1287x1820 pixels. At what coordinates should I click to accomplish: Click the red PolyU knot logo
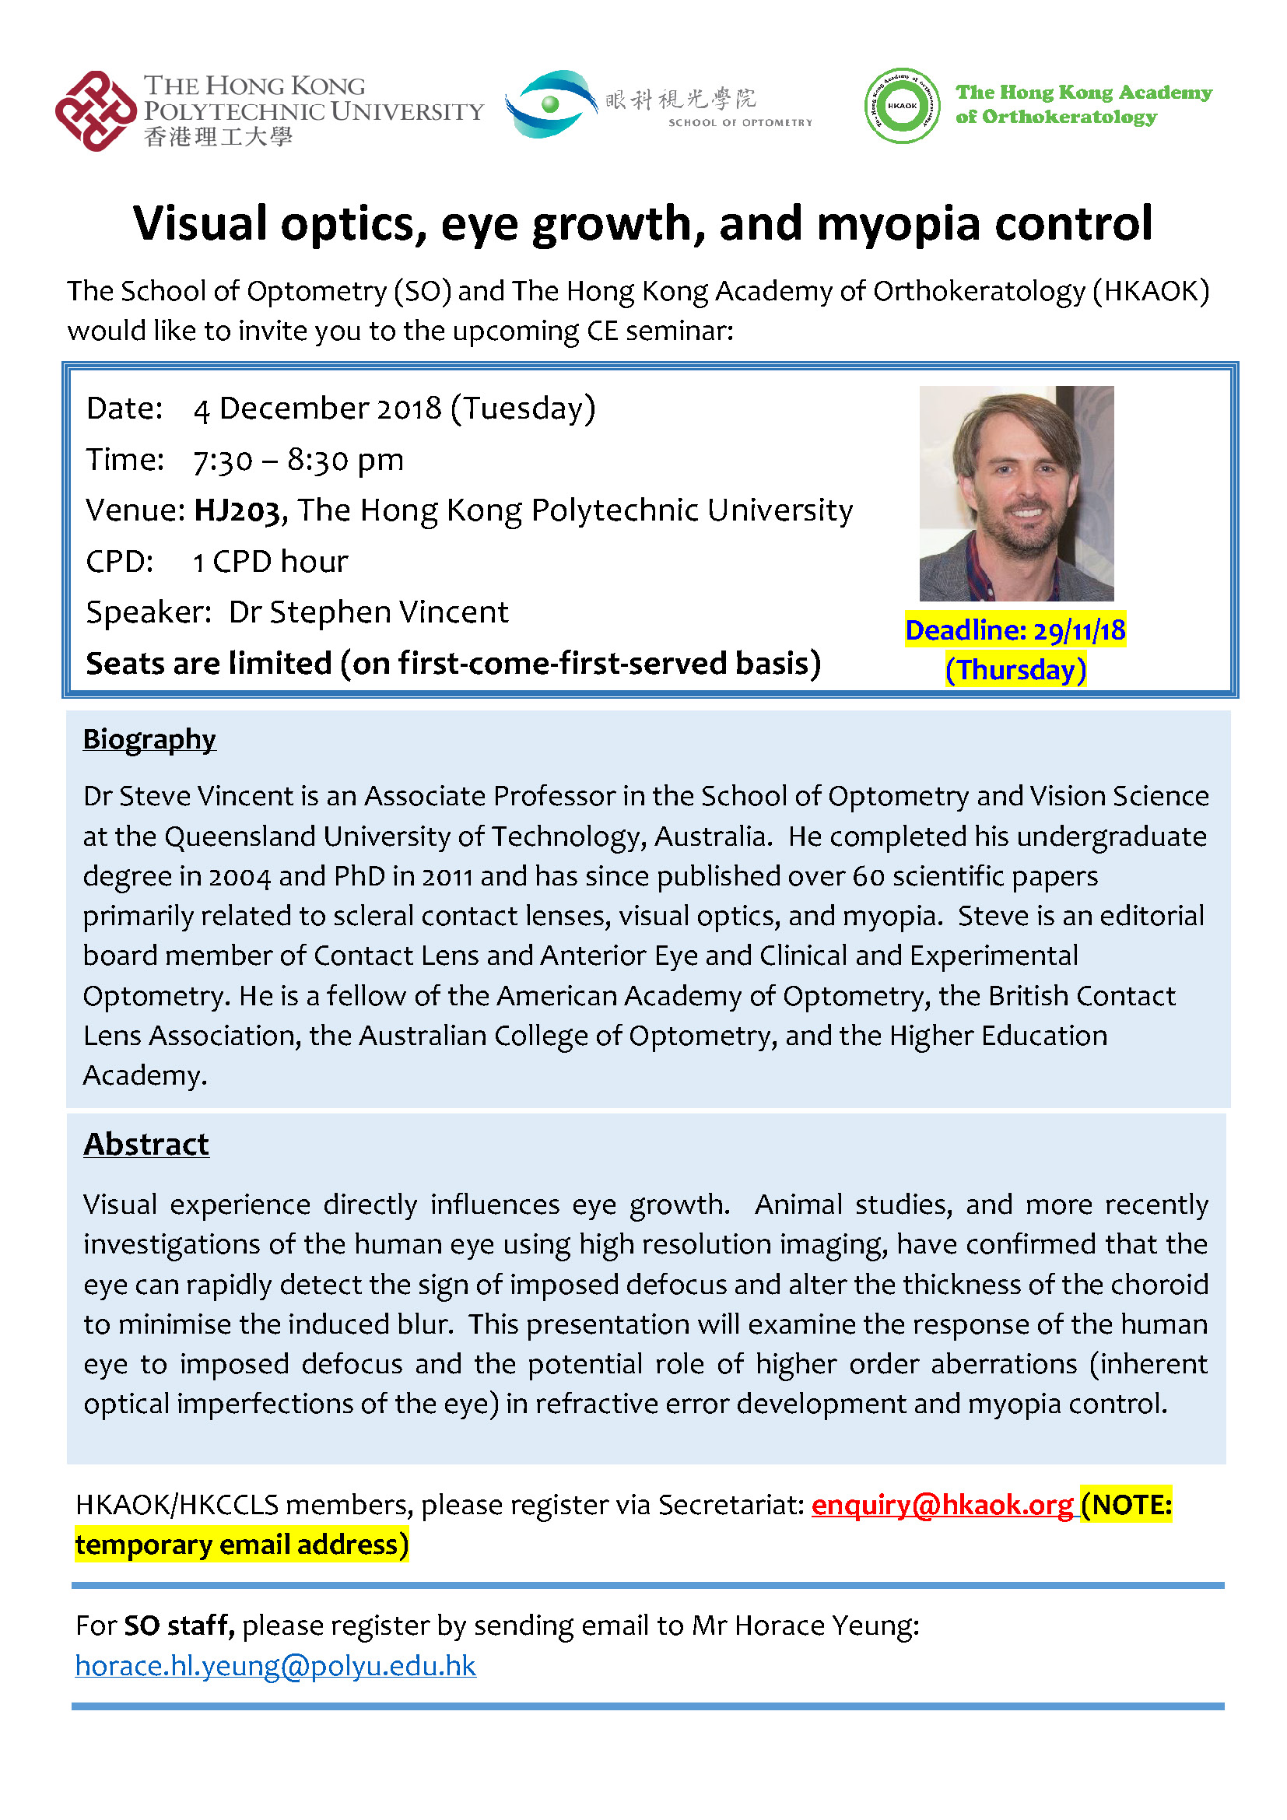click(x=96, y=110)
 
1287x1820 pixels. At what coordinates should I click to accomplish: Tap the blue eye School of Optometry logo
click(x=551, y=103)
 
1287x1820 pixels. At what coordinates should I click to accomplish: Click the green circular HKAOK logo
click(x=902, y=105)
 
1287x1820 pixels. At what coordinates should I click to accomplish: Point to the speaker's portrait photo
click(x=1016, y=493)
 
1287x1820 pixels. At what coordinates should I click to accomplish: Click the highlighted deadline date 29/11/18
click(x=1079, y=631)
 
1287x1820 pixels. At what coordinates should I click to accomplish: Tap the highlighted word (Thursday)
click(x=1015, y=670)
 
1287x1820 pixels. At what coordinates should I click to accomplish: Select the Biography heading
click(x=149, y=738)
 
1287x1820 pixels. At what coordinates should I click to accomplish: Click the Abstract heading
click(x=146, y=1144)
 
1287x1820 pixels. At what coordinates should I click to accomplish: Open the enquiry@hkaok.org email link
click(x=942, y=1505)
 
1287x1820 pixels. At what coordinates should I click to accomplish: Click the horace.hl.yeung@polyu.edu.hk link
click(x=275, y=1665)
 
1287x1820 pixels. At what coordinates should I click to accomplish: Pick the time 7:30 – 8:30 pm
click(x=299, y=460)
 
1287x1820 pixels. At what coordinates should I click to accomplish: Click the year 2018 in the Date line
click(x=409, y=409)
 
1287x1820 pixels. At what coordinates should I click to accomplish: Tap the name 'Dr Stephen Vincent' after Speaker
click(x=369, y=612)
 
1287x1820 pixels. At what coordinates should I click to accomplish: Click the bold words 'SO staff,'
click(x=179, y=1625)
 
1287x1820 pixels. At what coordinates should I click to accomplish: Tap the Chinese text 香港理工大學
click(x=218, y=137)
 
